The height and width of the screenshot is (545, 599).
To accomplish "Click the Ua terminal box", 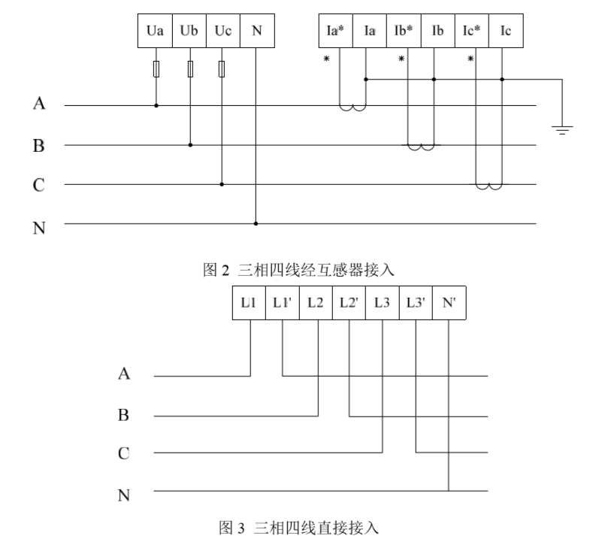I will [x=156, y=32].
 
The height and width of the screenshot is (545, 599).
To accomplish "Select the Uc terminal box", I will [x=222, y=32].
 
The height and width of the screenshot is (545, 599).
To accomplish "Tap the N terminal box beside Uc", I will [x=256, y=32].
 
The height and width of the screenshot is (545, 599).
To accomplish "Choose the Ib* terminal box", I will [x=404, y=32].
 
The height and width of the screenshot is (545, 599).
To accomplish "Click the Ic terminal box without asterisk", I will [x=506, y=32].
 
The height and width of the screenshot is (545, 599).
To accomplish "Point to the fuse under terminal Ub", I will [x=190, y=70].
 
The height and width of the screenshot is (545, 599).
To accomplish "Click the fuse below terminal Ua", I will [x=156, y=70].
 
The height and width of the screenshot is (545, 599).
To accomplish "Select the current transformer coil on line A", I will [x=352, y=108].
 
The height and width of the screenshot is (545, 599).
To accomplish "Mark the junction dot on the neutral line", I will [x=256, y=223].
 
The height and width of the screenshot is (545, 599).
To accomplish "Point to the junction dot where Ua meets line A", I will [x=156, y=106].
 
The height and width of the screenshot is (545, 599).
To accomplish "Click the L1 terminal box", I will [x=249, y=301].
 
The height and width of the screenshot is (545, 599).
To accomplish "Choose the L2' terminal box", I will [x=349, y=301].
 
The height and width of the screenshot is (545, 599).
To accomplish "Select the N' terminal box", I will [x=449, y=301].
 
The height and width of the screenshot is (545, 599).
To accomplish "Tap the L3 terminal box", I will [x=382, y=301].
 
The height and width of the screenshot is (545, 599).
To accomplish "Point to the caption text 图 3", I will [x=301, y=530].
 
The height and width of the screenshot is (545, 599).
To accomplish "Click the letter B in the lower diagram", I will [x=124, y=414].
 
